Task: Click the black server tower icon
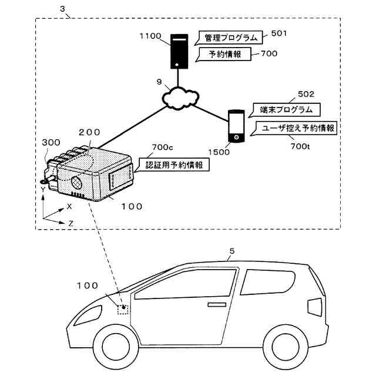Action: point(179,51)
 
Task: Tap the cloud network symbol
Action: point(180,98)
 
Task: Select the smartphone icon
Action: point(236,126)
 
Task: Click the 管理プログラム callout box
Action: point(229,38)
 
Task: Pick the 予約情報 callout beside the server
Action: point(223,54)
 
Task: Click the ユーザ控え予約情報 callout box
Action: point(294,128)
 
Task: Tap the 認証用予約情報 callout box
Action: point(172,164)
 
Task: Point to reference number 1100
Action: point(150,36)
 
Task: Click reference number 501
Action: point(279,33)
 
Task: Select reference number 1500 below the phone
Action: point(219,152)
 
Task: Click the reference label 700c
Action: point(162,147)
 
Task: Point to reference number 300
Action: point(51,142)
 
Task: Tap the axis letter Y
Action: point(43,190)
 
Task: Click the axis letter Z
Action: point(70,223)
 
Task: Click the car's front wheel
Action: point(116,347)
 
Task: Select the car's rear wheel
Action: point(285,347)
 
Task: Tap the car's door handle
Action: point(217,304)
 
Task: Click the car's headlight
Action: point(88,315)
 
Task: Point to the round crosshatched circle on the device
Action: point(76,183)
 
